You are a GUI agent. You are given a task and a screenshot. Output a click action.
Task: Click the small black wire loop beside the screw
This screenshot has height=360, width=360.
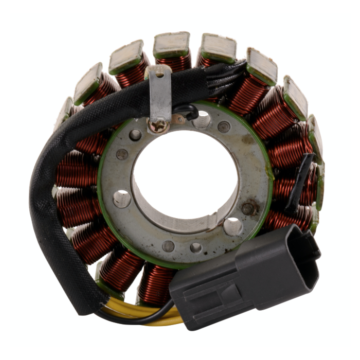click(x=188, y=111)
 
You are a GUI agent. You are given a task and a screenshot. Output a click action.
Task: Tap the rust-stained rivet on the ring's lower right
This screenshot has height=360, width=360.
click(x=249, y=208)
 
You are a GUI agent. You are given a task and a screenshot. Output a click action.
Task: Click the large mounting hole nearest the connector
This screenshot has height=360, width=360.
click(x=233, y=226)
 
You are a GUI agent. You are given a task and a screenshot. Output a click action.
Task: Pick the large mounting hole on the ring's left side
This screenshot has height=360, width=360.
click(x=122, y=199)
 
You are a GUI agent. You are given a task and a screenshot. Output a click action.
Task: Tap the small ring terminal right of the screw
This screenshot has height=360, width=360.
click(x=177, y=119)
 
